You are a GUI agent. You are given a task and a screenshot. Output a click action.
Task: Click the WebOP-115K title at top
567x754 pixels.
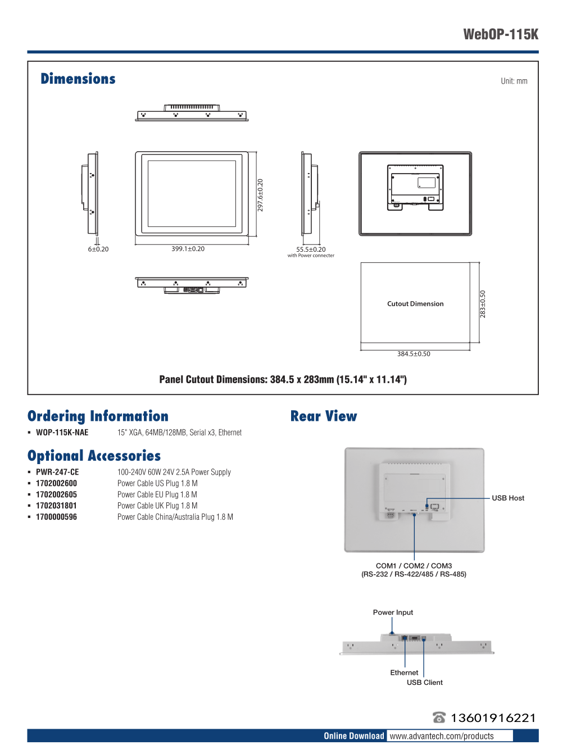coord(501,34)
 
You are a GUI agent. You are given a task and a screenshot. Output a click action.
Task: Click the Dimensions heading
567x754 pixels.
coord(78,79)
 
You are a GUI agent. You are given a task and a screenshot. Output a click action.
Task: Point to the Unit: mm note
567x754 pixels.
coord(514,81)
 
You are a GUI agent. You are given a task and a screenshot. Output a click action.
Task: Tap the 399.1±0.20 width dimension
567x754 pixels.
coord(188,249)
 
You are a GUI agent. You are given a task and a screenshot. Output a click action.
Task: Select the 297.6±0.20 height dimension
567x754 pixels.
coord(260,195)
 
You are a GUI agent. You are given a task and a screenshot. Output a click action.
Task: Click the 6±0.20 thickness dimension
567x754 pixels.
coord(98,249)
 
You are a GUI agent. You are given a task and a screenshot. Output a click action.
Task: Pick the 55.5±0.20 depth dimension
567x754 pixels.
coord(311,249)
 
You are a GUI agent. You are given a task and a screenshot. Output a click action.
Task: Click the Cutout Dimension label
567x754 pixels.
coord(415,304)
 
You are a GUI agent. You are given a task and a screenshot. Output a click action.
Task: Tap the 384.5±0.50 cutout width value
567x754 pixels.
coord(414,354)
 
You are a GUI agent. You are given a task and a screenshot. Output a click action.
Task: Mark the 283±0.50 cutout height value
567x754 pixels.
coord(483,304)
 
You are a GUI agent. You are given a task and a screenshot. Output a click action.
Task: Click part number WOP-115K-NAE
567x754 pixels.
coord(62,433)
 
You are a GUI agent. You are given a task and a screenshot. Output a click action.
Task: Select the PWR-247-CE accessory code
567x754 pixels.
coord(57,473)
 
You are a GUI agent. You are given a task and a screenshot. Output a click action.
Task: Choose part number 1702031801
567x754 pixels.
coord(56,506)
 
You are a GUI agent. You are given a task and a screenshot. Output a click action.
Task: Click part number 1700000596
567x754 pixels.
coord(56,517)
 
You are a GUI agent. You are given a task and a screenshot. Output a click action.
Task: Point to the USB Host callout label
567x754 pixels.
coord(508,498)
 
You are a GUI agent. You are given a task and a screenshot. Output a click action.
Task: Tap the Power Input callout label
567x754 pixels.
coord(393,612)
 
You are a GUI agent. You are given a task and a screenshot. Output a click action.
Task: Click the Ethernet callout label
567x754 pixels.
coord(404,673)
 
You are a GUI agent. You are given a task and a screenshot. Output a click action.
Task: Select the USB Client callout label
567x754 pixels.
coord(425,683)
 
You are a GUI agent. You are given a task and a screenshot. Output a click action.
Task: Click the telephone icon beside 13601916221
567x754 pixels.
coord(439,717)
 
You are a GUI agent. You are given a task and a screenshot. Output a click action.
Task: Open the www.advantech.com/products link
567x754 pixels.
coord(442,736)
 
